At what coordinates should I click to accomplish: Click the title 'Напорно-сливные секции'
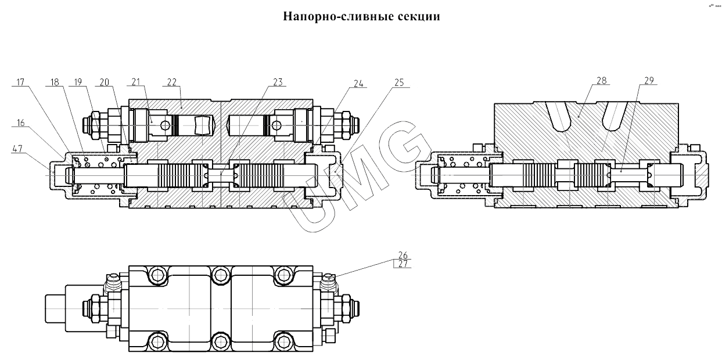(x=361, y=16)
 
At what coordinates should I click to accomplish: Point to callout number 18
(x=55, y=82)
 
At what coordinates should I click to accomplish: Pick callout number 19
(x=76, y=82)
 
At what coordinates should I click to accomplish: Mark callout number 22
(x=172, y=82)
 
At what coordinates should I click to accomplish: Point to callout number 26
(x=403, y=254)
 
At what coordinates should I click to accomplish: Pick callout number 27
(x=403, y=264)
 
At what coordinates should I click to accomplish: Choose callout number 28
(x=601, y=80)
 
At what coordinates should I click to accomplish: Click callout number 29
(x=649, y=80)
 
